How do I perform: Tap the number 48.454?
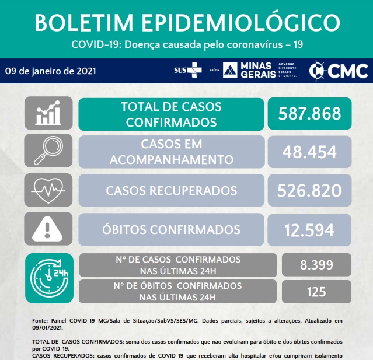[309, 152]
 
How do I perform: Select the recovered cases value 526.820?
[309, 190]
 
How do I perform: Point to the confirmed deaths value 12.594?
[309, 229]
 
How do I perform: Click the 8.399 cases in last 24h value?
[316, 265]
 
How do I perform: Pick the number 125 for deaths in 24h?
[316, 291]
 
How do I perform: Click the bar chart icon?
[48, 113]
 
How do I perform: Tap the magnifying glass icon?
[48, 152]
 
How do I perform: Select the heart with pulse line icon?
[48, 190]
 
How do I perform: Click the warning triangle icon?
[48, 229]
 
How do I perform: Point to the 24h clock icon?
[49, 278]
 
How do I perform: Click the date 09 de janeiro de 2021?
[50, 71]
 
